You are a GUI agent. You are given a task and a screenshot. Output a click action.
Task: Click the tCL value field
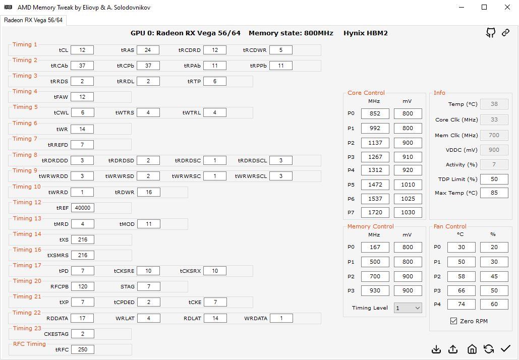82,50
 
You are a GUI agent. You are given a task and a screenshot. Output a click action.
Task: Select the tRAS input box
148,50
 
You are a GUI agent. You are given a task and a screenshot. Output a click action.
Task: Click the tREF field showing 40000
82,208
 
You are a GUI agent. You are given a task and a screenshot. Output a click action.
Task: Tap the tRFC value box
82,349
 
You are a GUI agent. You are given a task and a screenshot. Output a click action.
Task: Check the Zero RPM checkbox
453,321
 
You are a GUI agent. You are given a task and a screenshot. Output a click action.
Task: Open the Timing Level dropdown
408,308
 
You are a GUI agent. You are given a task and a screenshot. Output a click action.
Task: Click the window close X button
507,7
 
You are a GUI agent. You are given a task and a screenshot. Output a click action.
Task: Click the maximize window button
484,7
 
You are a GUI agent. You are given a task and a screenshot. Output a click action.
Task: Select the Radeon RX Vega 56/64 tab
33,20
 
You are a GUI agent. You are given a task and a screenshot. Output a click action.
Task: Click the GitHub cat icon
491,33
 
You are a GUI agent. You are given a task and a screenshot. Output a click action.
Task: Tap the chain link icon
505,32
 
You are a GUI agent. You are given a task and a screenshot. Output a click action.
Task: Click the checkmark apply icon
505,348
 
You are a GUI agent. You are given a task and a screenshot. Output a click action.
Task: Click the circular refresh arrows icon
489,349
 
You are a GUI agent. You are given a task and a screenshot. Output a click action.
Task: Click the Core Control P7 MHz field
375,212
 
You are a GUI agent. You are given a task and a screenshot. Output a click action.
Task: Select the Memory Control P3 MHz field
375,290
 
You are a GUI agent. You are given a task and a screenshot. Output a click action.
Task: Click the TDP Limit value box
494,179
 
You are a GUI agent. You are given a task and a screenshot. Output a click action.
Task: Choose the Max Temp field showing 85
494,193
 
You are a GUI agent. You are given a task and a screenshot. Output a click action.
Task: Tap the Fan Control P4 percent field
494,304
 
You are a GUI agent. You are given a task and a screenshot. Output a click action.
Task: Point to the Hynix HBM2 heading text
365,33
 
